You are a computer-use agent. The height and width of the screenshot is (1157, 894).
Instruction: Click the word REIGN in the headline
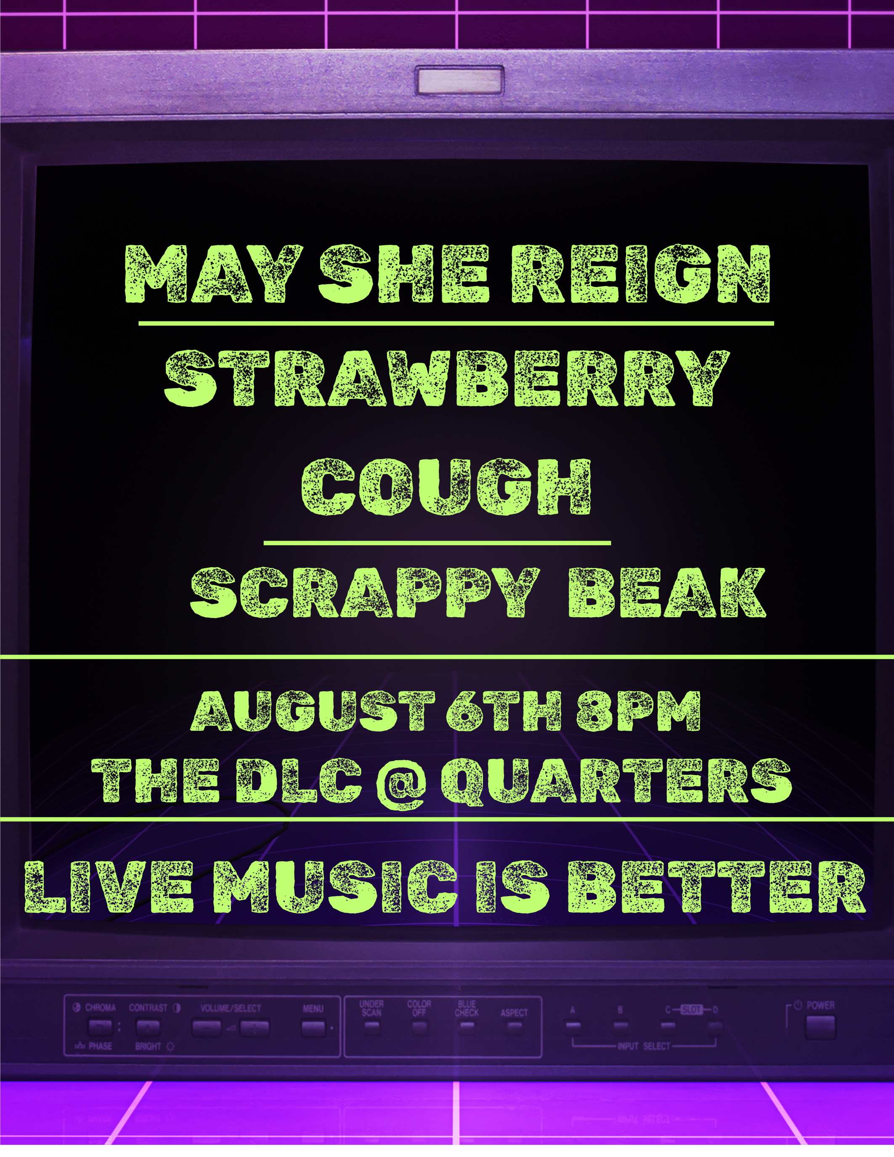pos(641,274)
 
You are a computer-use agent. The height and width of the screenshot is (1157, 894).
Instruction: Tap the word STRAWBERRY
pos(448,378)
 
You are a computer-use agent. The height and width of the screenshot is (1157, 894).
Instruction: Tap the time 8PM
pos(638,711)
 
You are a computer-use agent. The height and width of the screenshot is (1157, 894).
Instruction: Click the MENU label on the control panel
pos(313,1008)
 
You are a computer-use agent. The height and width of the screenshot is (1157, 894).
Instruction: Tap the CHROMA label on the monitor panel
pos(100,1007)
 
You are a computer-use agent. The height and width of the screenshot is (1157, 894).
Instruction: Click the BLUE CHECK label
pos(466,1008)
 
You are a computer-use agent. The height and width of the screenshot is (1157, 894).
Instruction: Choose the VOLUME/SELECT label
pos(231,1008)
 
